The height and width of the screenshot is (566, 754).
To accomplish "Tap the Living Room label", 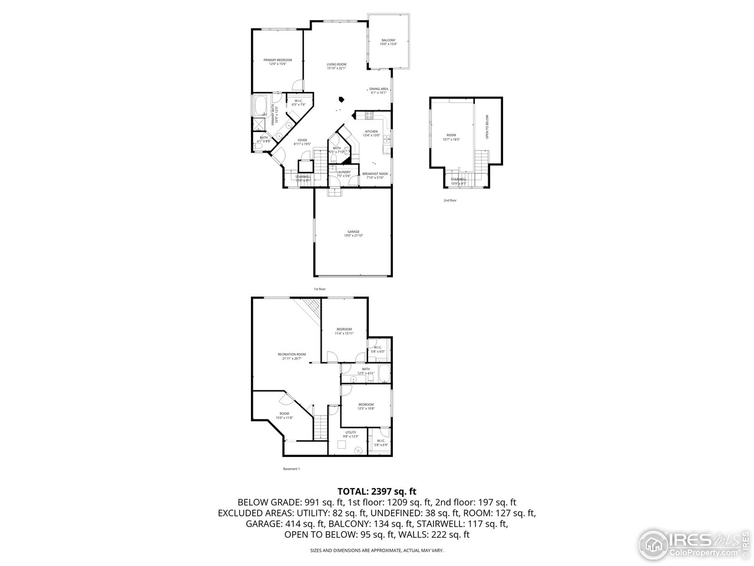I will click(336, 65).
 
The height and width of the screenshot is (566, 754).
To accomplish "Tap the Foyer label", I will click(302, 141).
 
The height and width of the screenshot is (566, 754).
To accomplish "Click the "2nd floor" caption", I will click(450, 200).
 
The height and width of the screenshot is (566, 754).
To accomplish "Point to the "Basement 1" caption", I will click(292, 469).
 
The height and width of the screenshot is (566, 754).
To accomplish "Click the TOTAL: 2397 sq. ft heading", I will click(376, 491).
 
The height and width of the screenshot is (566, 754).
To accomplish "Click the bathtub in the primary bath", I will click(260, 106).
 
